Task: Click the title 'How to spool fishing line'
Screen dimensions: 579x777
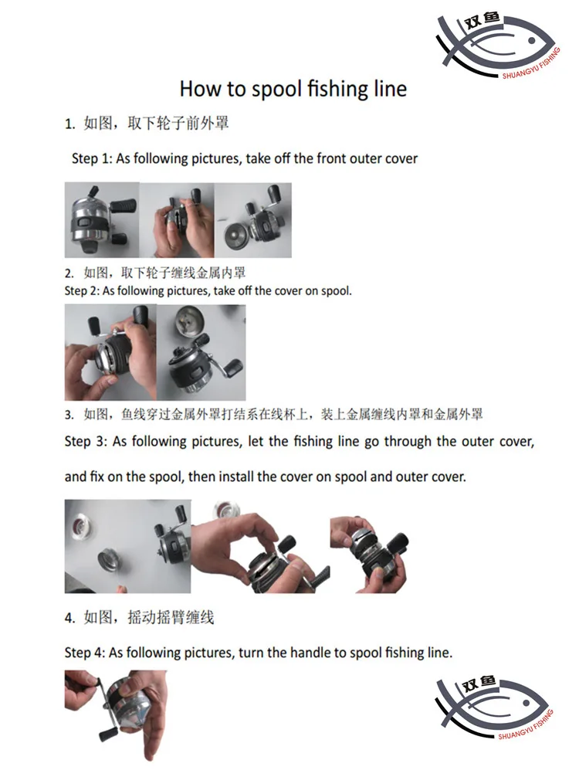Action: (x=293, y=89)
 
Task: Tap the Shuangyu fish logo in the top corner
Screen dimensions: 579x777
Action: (x=498, y=46)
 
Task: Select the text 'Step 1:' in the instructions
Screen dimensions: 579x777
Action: (x=92, y=158)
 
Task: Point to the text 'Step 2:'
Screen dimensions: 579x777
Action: (x=82, y=291)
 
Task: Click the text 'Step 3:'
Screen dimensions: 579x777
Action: (x=86, y=442)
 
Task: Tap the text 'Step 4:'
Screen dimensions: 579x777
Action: (x=85, y=653)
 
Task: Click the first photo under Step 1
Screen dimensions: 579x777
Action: (x=102, y=220)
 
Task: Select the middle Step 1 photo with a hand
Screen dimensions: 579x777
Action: (x=177, y=220)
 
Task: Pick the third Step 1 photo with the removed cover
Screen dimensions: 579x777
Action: (x=252, y=220)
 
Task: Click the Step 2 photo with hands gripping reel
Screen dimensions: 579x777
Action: (x=110, y=352)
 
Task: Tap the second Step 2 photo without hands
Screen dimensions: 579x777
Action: (x=201, y=352)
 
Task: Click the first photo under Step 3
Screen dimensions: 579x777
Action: (x=128, y=546)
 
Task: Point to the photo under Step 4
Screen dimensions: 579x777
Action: (x=116, y=715)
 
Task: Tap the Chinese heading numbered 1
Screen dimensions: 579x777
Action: (x=147, y=123)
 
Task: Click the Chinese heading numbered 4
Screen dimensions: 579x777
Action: (x=139, y=617)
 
